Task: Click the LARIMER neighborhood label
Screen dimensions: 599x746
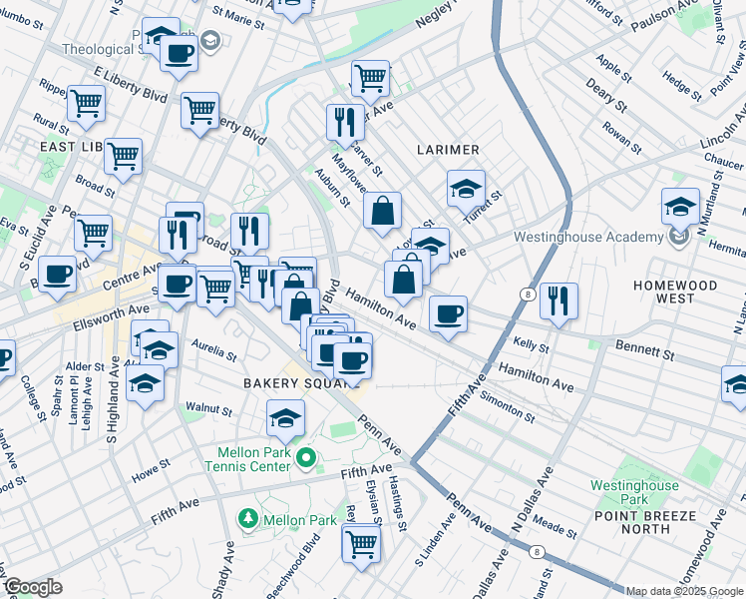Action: pyautogui.click(x=448, y=150)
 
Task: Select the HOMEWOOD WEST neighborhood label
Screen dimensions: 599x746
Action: pyautogui.click(x=675, y=292)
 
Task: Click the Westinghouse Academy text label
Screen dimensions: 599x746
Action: pyautogui.click(x=587, y=237)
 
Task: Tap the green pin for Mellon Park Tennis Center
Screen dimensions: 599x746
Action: pyautogui.click(x=306, y=458)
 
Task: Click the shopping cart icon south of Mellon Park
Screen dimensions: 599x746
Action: pyautogui.click(x=361, y=544)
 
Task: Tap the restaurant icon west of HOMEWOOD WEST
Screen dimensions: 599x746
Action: pyautogui.click(x=559, y=299)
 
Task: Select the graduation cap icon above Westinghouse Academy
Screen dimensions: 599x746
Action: pyautogui.click(x=680, y=207)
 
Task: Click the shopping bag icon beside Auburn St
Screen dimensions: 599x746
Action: pyautogui.click(x=382, y=211)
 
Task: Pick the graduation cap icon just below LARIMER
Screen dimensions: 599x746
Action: pyautogui.click(x=466, y=187)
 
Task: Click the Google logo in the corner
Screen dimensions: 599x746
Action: pyautogui.click(x=32, y=587)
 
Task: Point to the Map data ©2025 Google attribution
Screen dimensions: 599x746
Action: pyautogui.click(x=684, y=591)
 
